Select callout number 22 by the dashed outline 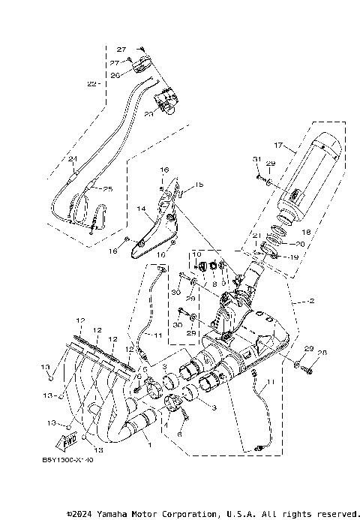[91, 83]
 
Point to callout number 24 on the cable [72, 159]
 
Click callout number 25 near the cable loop [107, 188]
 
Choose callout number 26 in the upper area [115, 75]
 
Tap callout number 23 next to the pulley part [148, 114]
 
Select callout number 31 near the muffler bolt [256, 159]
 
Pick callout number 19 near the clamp [292, 257]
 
